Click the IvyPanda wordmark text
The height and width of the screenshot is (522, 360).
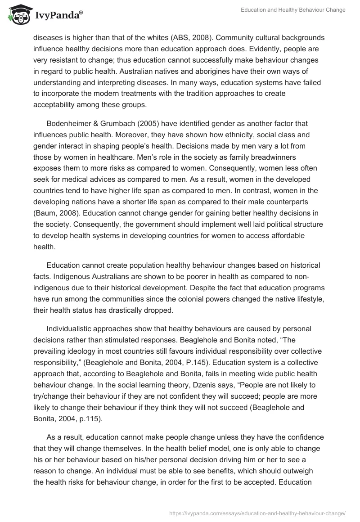(58, 16)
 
